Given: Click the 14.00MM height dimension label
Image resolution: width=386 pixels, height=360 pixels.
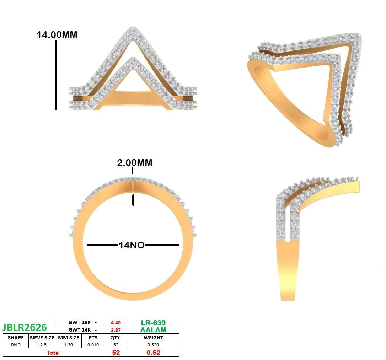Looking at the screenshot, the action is [57, 35].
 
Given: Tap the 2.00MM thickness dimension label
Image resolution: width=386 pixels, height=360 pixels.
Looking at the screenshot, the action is [135, 163].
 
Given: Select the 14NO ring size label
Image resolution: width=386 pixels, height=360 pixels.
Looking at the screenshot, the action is [132, 245].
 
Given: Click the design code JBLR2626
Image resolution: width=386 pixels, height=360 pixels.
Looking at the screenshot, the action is [25, 327].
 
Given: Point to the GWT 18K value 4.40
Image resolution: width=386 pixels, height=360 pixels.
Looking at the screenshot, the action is [116, 323].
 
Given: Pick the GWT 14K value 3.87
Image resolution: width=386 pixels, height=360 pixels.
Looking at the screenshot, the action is [116, 330].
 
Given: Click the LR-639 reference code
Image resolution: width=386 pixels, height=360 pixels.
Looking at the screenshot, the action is [153, 323].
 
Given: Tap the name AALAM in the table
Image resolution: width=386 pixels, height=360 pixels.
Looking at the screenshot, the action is [153, 330].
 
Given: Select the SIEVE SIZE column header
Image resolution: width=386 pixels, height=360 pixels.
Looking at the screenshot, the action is [42, 338].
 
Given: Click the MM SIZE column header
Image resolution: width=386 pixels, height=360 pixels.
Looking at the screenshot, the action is [69, 338].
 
